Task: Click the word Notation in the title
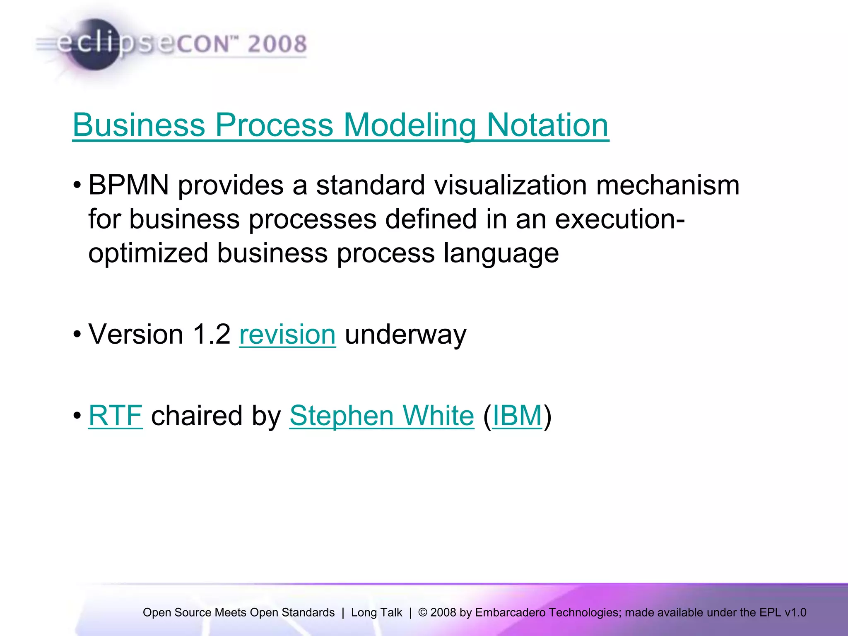coord(547,125)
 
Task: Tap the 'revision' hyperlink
coord(287,334)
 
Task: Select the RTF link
coord(116,415)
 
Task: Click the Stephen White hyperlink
coord(381,415)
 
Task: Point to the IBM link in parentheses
coord(517,415)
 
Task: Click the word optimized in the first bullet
coord(148,253)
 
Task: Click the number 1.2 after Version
coord(212,334)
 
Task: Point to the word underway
coord(405,334)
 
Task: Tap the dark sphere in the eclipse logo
coord(94,45)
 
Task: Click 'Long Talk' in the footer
coord(376,612)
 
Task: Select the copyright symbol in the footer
coord(423,612)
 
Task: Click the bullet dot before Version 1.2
coord(77,334)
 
